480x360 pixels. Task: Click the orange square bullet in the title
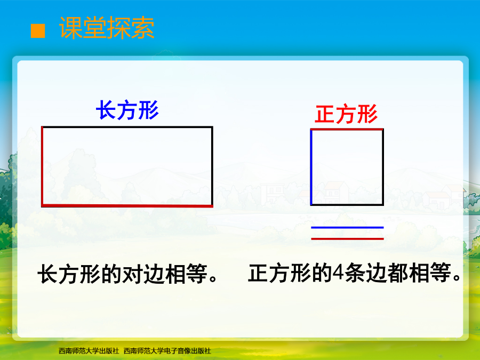[x=38, y=31]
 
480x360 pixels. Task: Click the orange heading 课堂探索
[x=107, y=28]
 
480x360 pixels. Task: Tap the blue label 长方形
[x=127, y=109]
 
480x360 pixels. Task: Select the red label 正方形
[x=346, y=114]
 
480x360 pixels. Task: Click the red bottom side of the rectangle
[x=127, y=206]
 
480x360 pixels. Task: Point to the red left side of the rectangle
[x=42, y=166]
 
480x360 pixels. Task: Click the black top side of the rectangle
[x=127, y=127]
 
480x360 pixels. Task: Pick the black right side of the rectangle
[x=212, y=166]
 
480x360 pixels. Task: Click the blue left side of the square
[x=311, y=167]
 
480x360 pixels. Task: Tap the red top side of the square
[x=347, y=129]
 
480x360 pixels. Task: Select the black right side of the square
[x=382, y=167]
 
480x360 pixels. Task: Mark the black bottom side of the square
[x=347, y=204]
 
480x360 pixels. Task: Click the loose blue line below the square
[x=347, y=227]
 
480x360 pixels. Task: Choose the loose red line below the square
[x=347, y=239]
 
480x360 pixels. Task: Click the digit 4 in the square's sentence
[x=338, y=272]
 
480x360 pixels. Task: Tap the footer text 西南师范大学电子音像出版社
[x=167, y=351]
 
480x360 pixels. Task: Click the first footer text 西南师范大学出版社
[x=89, y=351]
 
